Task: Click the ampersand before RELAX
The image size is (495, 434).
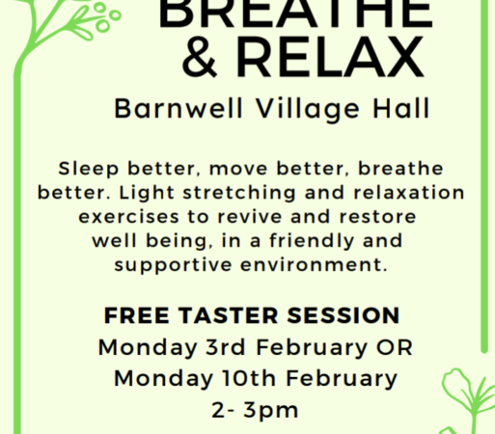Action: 200,57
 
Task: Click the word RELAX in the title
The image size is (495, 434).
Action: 330,57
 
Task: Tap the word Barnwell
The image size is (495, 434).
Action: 179,108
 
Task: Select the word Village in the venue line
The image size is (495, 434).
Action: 308,110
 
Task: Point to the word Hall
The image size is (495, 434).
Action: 401,108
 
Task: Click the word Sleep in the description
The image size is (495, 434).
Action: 89,169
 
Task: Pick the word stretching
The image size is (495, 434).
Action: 239,193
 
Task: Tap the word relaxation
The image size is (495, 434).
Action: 409,193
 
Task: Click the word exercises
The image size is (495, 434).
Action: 128,217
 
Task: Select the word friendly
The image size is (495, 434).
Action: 312,241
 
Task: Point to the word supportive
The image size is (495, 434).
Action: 173,265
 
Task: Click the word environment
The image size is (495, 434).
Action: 314,265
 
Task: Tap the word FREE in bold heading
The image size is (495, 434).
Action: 136,315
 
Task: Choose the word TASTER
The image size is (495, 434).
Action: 229,315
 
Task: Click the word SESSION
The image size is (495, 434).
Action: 344,315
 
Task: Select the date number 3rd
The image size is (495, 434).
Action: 226,347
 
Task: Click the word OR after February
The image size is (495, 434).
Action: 395,347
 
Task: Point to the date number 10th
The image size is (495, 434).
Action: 249,378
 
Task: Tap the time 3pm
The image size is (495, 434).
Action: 271,411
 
